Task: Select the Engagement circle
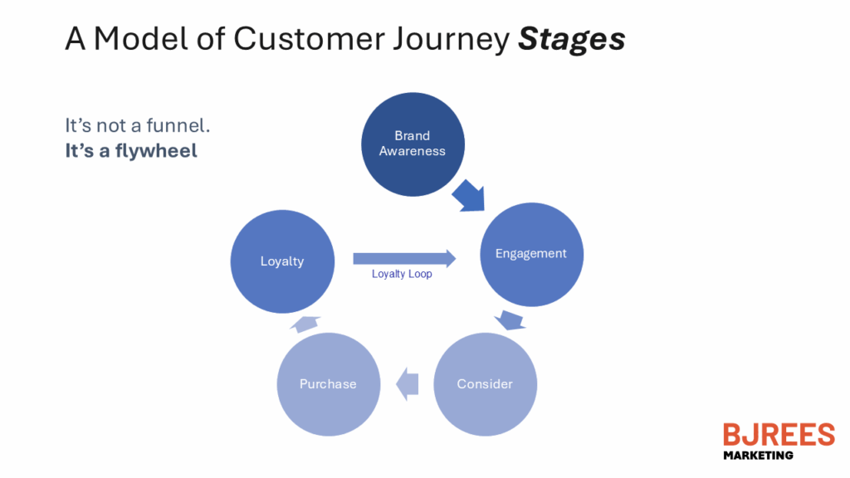[x=530, y=253]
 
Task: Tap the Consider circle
[x=485, y=383]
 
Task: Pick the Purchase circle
[x=328, y=383]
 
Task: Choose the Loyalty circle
[x=282, y=261]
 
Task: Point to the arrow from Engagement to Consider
[x=509, y=320]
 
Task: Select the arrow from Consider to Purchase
[x=407, y=383]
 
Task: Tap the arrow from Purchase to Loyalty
[x=305, y=324]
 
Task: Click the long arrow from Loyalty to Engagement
[x=404, y=258]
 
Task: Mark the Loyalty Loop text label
[x=402, y=274]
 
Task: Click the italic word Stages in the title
[x=571, y=39]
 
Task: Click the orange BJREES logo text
[x=778, y=434]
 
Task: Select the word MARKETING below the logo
[x=758, y=455]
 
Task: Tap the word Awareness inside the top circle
[x=413, y=151]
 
